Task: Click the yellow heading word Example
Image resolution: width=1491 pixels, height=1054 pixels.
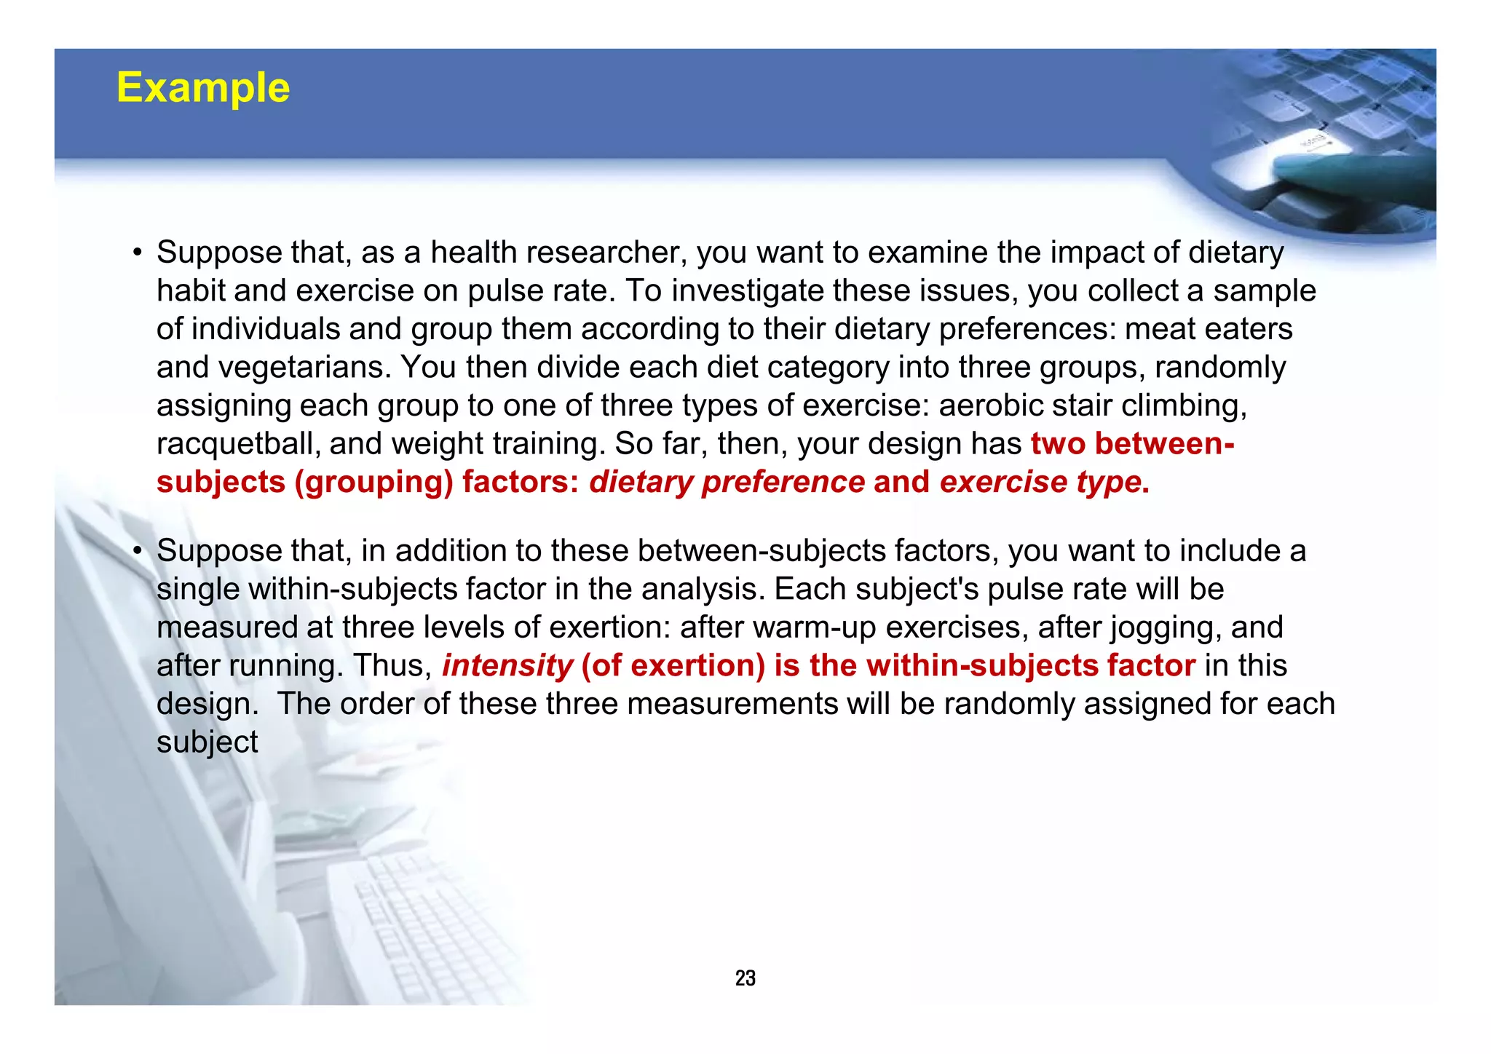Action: coord(203,88)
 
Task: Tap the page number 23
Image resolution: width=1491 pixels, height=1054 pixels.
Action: coord(745,978)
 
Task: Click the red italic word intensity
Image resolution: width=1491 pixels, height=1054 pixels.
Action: coord(507,665)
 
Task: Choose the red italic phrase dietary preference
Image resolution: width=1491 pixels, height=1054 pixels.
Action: coord(727,482)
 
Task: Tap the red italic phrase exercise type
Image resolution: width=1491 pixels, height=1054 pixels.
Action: coord(1040,482)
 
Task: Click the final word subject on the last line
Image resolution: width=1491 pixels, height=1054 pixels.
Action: coord(207,742)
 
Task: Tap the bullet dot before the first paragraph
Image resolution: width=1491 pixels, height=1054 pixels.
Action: coord(137,253)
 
